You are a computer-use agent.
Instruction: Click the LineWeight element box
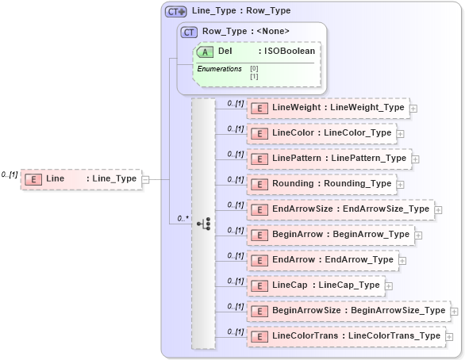click(x=326, y=107)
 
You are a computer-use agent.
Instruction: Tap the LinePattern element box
click(x=329, y=158)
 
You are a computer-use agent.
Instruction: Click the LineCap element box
click(x=315, y=285)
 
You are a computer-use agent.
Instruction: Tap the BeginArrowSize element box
click(x=348, y=310)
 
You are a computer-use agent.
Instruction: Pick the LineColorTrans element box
click(x=345, y=335)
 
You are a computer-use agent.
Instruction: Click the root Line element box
click(x=80, y=179)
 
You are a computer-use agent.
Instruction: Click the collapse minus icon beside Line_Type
click(x=144, y=179)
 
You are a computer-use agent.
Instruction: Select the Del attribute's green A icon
click(x=205, y=51)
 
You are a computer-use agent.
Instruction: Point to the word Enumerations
click(x=219, y=69)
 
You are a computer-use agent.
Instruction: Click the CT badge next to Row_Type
click(x=189, y=32)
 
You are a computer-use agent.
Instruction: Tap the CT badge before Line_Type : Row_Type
click(x=175, y=11)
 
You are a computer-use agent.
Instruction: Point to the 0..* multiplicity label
click(x=182, y=217)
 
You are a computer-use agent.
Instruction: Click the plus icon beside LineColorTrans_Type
click(x=449, y=336)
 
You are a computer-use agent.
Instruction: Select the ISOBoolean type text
click(x=290, y=51)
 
